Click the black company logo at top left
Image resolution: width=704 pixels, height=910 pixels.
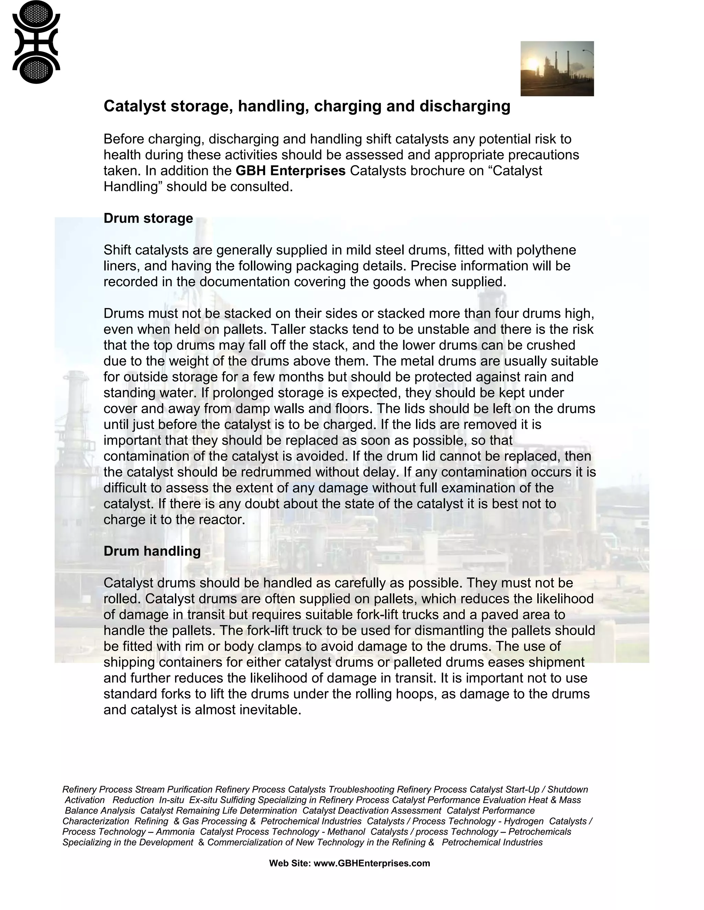click(x=36, y=42)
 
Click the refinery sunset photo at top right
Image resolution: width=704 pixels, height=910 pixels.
click(x=557, y=68)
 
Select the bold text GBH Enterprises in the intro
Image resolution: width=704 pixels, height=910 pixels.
click(x=290, y=171)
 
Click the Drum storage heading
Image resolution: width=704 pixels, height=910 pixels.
click(x=148, y=218)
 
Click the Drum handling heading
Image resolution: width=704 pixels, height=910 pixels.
click(x=152, y=551)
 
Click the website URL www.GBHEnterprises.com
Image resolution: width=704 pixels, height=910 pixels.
click(x=372, y=863)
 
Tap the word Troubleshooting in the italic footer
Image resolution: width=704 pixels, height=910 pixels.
click(x=361, y=789)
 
